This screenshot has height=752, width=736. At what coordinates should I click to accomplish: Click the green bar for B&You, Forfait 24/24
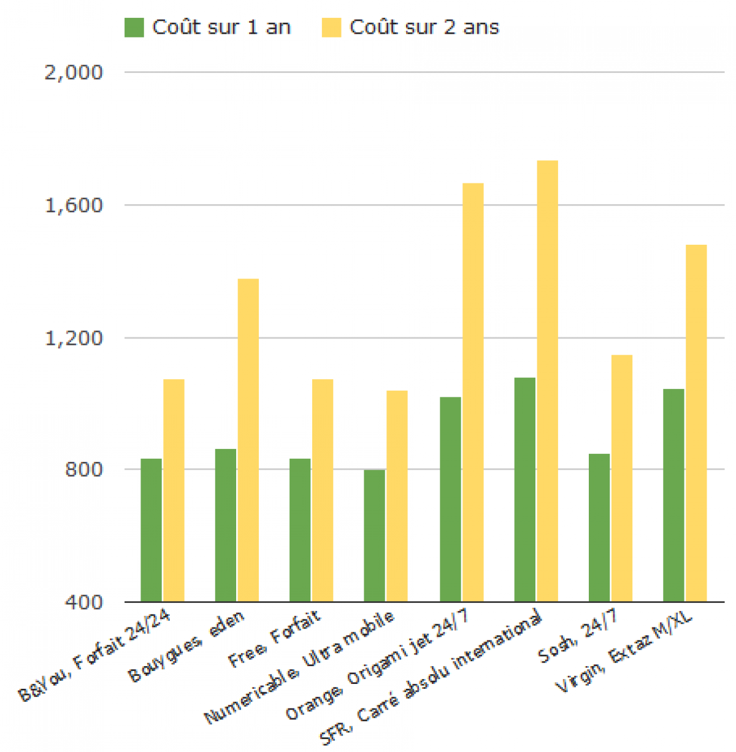pos(151,530)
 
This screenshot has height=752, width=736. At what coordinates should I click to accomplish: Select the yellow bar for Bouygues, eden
pos(248,440)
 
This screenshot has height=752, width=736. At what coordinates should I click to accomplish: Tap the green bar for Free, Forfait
pos(300,530)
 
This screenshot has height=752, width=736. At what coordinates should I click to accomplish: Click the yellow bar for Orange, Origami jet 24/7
pos(473,392)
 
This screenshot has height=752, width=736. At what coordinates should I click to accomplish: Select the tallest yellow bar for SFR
pos(547,380)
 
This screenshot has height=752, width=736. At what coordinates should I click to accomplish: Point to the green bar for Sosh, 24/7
pos(599,528)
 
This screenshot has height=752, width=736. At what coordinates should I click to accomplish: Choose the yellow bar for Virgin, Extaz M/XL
pos(696,423)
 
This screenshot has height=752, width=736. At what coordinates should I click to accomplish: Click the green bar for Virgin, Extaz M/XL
pos(673,495)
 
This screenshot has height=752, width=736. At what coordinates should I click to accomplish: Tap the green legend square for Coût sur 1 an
pos(134,28)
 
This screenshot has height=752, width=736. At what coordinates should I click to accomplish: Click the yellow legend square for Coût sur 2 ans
pos(331,28)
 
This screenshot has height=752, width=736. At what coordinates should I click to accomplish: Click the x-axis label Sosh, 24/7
pos(578,638)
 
